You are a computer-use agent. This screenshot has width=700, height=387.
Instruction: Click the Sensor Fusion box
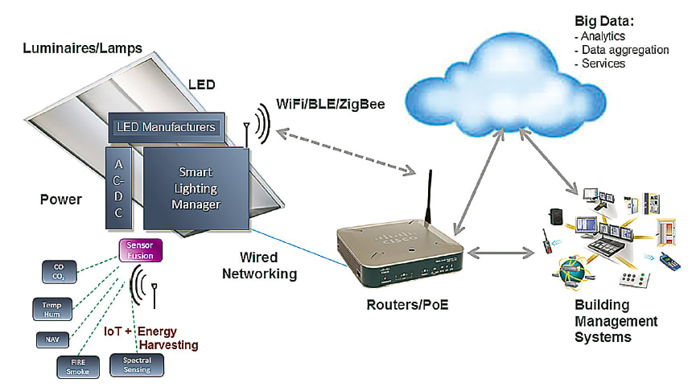pos(141,250)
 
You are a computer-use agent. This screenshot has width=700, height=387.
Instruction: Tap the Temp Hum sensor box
pos(52,309)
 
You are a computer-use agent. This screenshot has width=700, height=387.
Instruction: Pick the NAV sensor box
pos(51,340)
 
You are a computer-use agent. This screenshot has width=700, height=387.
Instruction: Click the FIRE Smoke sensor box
pos(78,366)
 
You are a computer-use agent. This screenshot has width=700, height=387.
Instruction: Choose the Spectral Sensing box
pos(136,365)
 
